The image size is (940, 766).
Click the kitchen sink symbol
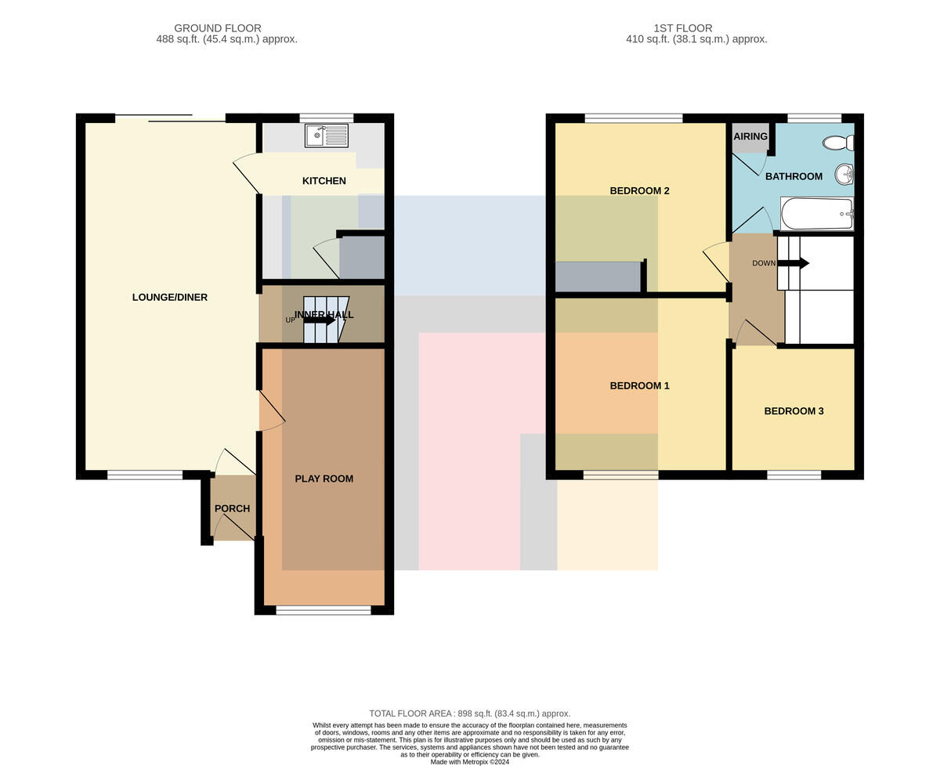click(327, 135)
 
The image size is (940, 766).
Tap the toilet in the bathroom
click(838, 143)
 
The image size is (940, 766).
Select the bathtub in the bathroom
click(817, 214)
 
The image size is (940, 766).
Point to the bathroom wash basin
click(844, 175)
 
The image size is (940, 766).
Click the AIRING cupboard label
click(750, 136)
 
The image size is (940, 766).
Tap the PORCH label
click(232, 508)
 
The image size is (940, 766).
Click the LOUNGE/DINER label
click(170, 297)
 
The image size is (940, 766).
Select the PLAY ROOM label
click(324, 479)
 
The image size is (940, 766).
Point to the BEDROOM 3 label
click(794, 410)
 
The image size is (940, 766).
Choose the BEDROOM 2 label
click(639, 190)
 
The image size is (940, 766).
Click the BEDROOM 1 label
click(639, 385)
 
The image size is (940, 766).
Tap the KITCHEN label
click(324, 180)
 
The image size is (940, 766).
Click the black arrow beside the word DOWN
click(793, 263)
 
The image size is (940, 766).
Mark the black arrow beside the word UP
click(320, 320)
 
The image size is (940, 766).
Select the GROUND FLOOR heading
click(218, 28)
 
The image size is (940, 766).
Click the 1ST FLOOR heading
click(683, 28)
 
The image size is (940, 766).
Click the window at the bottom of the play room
click(324, 610)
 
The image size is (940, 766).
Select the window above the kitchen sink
click(327, 117)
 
